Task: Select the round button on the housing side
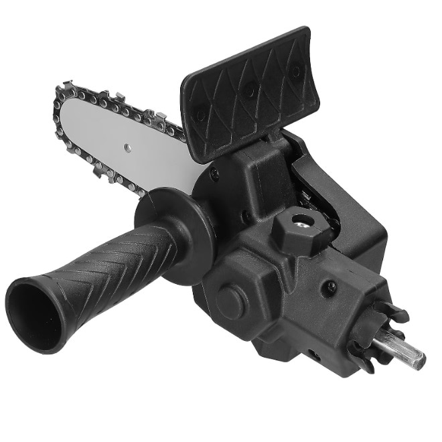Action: click(x=230, y=302)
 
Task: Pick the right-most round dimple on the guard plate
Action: click(x=295, y=70)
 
